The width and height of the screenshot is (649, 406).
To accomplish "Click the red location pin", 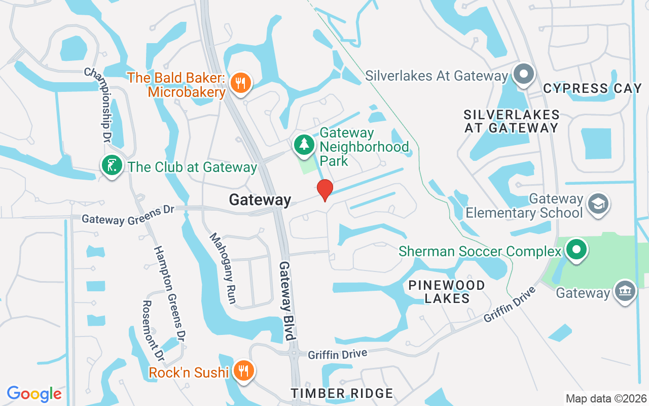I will pyautogui.click(x=324, y=190).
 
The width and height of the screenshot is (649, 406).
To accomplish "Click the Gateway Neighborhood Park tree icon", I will pyautogui.click(x=304, y=145).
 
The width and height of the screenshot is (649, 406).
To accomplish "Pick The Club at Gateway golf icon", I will pyautogui.click(x=112, y=166).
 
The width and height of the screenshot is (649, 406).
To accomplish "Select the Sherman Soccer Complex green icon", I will pyautogui.click(x=576, y=250).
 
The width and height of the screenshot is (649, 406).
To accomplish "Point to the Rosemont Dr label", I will pyautogui.click(x=153, y=331).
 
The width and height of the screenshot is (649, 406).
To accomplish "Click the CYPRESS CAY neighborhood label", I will pyautogui.click(x=592, y=88).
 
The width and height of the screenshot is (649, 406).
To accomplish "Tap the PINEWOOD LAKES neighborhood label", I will pyautogui.click(x=447, y=291).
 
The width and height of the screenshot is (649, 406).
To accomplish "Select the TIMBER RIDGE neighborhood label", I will pyautogui.click(x=342, y=393).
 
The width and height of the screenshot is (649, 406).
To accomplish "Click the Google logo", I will pyautogui.click(x=34, y=394).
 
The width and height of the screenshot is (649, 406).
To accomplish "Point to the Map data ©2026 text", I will pyautogui.click(x=606, y=398).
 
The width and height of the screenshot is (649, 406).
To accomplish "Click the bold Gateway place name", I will pyautogui.click(x=260, y=199).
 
